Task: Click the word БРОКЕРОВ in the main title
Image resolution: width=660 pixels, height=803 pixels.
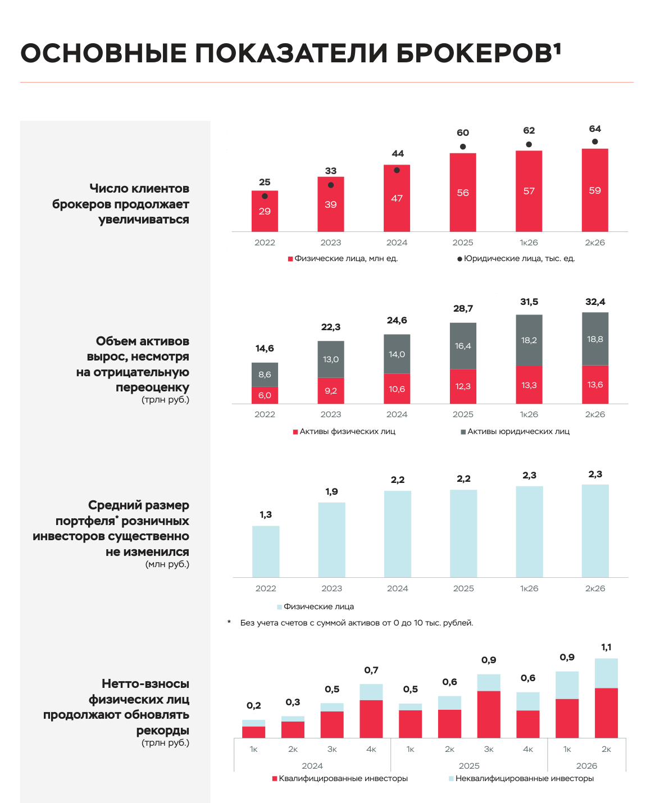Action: (474, 53)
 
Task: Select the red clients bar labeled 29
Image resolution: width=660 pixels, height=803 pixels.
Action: (265, 211)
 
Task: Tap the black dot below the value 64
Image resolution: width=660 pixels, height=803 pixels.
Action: (595, 142)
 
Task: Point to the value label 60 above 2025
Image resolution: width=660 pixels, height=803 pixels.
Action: (463, 133)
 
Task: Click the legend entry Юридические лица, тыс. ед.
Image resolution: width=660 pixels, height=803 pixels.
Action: (516, 258)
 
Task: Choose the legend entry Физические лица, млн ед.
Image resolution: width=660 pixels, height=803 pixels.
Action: (343, 258)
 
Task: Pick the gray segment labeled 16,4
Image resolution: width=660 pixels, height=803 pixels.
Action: (463, 346)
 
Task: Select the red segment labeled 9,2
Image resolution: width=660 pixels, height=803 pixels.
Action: (331, 391)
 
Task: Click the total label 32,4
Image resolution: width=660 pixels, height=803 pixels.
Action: (595, 302)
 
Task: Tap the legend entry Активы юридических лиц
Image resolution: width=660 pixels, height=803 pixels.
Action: (515, 431)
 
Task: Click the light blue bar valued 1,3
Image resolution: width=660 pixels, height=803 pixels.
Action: (266, 551)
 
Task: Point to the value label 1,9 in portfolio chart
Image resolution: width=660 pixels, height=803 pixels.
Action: (331, 491)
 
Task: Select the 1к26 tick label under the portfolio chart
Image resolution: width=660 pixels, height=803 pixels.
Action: (529, 588)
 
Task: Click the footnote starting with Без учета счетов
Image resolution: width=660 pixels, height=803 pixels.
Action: (357, 623)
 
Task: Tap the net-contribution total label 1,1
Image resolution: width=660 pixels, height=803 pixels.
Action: (606, 647)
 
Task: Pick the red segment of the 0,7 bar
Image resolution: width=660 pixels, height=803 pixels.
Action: (371, 719)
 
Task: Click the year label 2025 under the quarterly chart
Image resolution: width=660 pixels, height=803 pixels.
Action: (469, 766)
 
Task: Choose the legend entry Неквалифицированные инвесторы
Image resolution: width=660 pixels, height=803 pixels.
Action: (521, 778)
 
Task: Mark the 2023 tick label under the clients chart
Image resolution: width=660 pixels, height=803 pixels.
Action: (331, 243)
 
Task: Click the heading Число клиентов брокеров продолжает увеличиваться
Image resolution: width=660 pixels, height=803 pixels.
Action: (120, 204)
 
